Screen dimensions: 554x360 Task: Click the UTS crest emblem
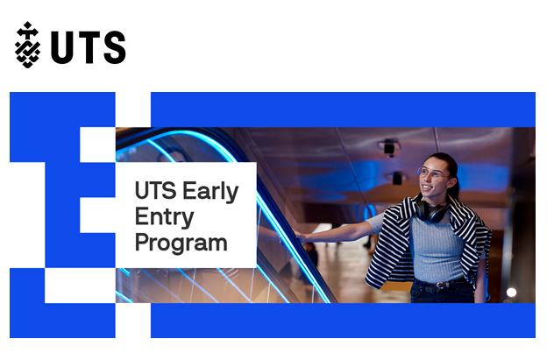click(x=27, y=45)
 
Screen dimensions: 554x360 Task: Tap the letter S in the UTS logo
click(x=115, y=47)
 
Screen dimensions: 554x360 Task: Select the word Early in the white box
click(x=210, y=192)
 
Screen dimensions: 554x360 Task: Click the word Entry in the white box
click(x=164, y=217)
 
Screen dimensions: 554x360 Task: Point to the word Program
click(x=181, y=244)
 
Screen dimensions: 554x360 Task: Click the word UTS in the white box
click(x=156, y=191)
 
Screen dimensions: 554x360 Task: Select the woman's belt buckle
click(x=440, y=285)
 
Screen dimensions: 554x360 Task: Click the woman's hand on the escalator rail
click(x=302, y=236)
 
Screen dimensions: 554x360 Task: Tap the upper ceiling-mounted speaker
click(x=389, y=147)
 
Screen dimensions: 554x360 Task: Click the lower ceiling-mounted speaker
click(x=397, y=178)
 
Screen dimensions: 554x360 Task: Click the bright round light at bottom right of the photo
click(x=511, y=293)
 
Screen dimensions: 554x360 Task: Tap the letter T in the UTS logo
click(x=89, y=47)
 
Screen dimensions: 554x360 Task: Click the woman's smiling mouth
click(x=427, y=187)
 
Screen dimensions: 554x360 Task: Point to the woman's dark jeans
click(x=443, y=292)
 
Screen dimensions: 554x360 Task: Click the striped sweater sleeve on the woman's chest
click(x=394, y=241)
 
